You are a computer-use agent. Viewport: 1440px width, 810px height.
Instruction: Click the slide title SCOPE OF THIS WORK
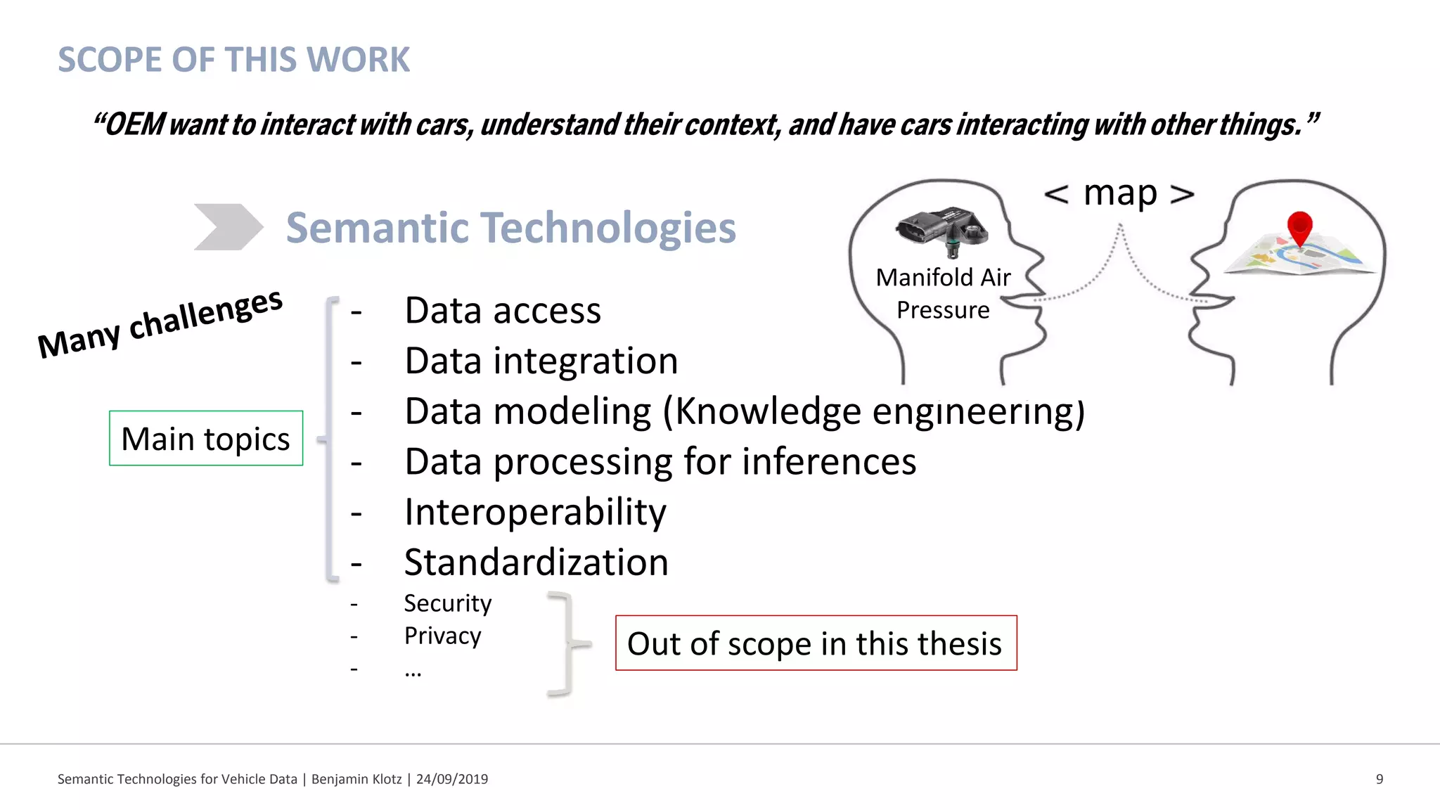tap(233, 60)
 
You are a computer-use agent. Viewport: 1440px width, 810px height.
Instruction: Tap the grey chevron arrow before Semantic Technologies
tap(227, 227)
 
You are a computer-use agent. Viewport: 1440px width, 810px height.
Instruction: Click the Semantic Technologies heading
tap(510, 228)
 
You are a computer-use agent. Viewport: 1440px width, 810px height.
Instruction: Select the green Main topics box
tap(206, 439)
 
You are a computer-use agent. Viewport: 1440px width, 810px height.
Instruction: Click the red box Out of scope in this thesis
tap(816, 643)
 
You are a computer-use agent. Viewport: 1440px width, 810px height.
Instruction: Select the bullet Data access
tap(503, 310)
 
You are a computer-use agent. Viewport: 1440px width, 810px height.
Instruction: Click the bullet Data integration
tap(541, 361)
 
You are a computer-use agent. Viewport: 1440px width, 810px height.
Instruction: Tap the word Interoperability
tap(535, 512)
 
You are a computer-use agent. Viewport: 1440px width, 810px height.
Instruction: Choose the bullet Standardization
tap(536, 562)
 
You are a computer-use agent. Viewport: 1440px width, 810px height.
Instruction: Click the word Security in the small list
tap(447, 603)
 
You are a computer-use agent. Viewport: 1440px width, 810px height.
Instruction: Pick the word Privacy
tap(442, 636)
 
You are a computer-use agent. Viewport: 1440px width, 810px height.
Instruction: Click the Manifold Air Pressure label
tap(943, 293)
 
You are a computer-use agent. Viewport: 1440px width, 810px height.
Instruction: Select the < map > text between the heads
tap(1119, 193)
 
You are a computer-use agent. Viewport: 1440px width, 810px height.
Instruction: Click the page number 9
tap(1380, 779)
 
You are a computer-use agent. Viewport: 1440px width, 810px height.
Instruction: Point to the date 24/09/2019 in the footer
tap(452, 779)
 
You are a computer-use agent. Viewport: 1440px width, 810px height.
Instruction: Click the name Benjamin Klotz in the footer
tap(356, 779)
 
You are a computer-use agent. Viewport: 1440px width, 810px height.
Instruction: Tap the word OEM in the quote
tap(134, 124)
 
